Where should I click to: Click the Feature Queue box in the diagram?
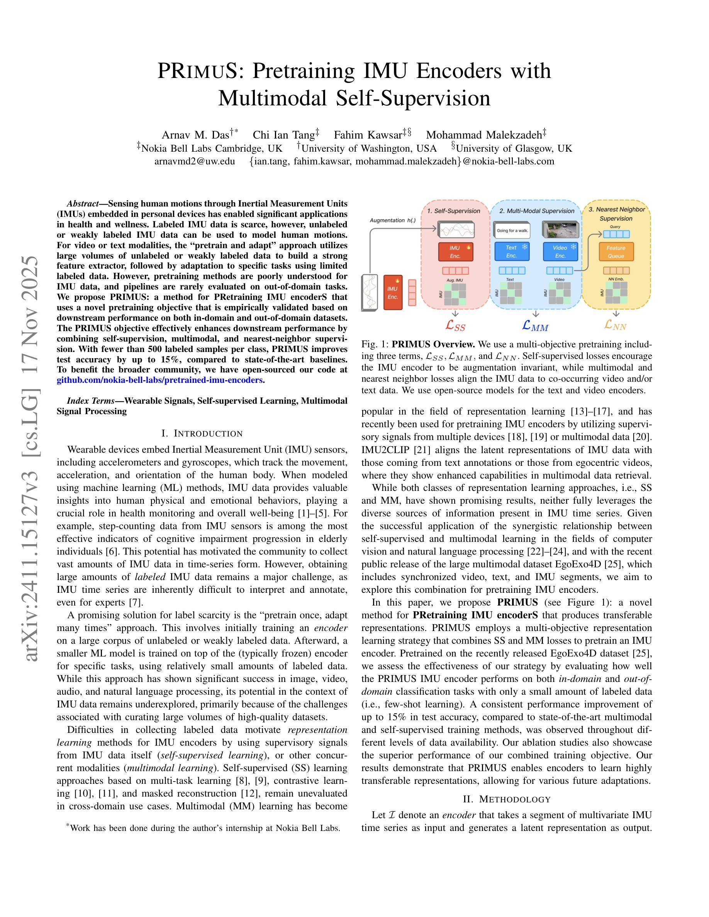[616, 252]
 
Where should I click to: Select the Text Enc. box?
[512, 252]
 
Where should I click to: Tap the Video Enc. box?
[560, 252]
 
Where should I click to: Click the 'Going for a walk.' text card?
[512, 230]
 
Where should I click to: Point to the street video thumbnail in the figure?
[561, 229]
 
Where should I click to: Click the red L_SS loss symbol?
[455, 325]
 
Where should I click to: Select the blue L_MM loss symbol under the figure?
[535, 325]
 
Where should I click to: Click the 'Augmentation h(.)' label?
[393, 220]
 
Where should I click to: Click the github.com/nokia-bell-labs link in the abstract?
[159, 380]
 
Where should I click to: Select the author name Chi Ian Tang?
[284, 135]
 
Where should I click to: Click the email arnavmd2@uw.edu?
[195, 161]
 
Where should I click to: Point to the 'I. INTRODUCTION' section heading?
[202, 433]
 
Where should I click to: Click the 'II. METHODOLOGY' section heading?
[507, 799]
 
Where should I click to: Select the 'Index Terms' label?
[90, 401]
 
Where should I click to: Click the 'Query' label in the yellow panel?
[615, 227]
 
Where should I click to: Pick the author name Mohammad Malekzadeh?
[484, 135]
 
